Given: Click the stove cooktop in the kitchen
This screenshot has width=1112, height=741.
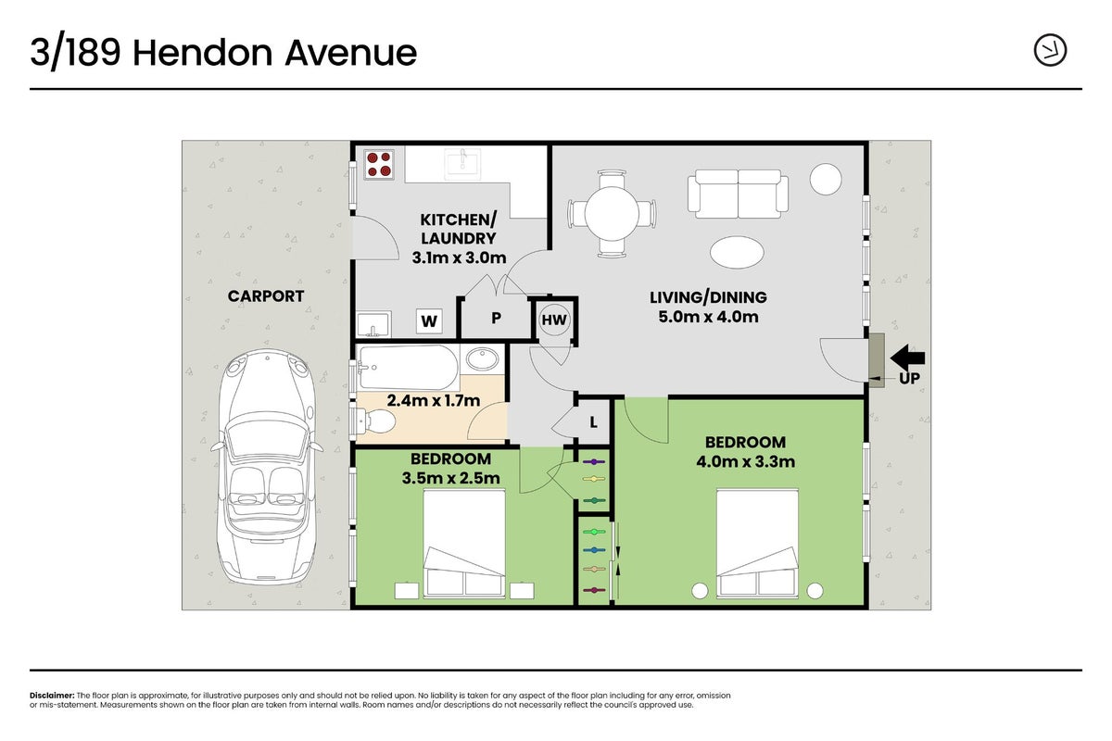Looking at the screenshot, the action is pyautogui.click(x=379, y=164).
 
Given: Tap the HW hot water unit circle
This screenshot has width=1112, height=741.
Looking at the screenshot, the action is pyautogui.click(x=554, y=320).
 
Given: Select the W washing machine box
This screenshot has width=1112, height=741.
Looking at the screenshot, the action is pyautogui.click(x=429, y=321).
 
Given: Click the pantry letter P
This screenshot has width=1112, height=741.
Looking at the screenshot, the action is pyautogui.click(x=496, y=318).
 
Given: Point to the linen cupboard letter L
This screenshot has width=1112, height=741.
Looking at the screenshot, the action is pyautogui.click(x=593, y=422).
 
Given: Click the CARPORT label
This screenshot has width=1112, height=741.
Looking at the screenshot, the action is pyautogui.click(x=266, y=296).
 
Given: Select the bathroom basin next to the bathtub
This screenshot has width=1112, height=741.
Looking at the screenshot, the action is pyautogui.click(x=483, y=358).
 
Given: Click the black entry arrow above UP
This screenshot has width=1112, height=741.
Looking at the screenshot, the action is pyautogui.click(x=907, y=358).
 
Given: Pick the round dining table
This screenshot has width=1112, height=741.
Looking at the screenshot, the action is pyautogui.click(x=612, y=214).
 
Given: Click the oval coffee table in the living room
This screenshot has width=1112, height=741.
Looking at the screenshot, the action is pyautogui.click(x=737, y=253).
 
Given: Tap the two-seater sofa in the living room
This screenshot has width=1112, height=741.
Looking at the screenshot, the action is pyautogui.click(x=738, y=194).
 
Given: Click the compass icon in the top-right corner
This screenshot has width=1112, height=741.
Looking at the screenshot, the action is pyautogui.click(x=1050, y=50).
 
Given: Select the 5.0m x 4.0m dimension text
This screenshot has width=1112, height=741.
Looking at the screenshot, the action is pyautogui.click(x=708, y=317).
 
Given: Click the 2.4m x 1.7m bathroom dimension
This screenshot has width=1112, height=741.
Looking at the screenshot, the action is pyautogui.click(x=434, y=400).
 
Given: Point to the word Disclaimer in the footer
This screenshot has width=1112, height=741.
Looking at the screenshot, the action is pyautogui.click(x=52, y=696).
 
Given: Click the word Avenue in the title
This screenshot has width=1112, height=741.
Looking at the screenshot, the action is pyautogui.click(x=350, y=53).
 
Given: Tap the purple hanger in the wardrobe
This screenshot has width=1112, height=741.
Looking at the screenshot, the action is pyautogui.click(x=594, y=461).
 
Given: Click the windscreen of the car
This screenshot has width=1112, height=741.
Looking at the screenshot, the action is pyautogui.click(x=267, y=437).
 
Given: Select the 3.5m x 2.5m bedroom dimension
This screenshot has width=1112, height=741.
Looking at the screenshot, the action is pyautogui.click(x=450, y=478).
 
